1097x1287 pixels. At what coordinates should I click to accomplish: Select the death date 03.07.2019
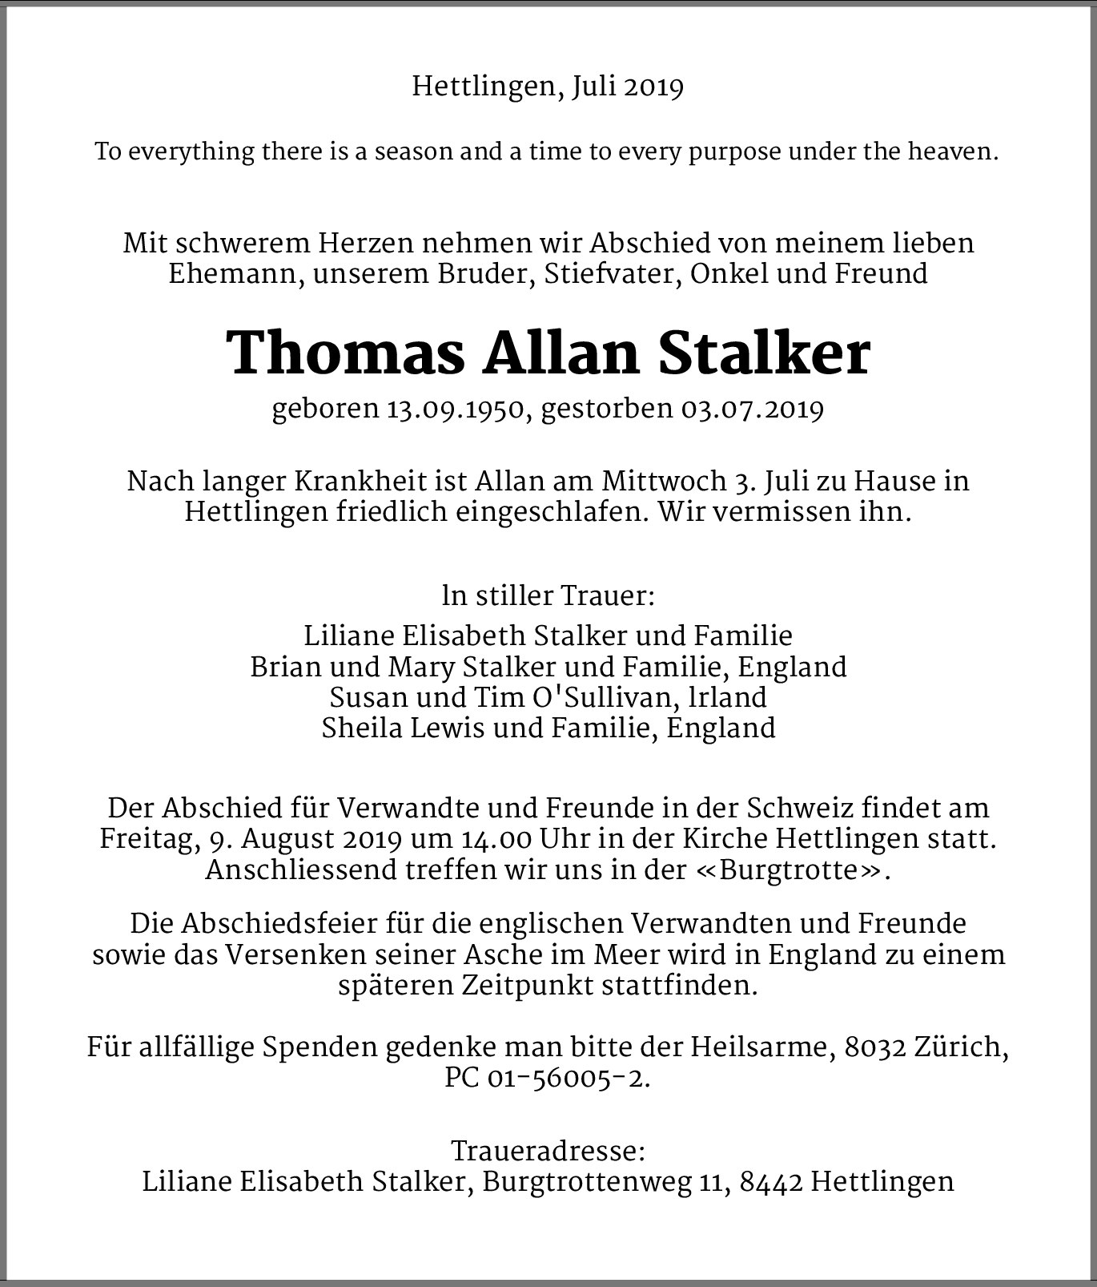point(752,409)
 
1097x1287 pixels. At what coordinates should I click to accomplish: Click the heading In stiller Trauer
point(548,596)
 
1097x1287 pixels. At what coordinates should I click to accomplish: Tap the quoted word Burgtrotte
point(789,871)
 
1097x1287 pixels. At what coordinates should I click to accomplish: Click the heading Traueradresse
point(548,1152)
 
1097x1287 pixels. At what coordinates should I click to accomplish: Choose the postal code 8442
point(772,1182)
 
